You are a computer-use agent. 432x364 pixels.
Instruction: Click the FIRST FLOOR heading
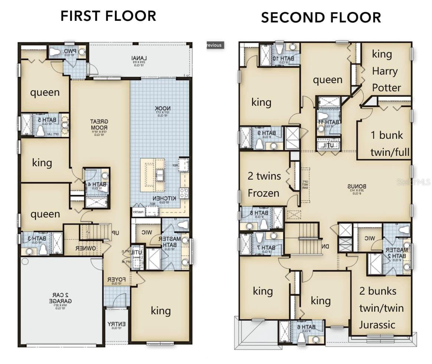108,16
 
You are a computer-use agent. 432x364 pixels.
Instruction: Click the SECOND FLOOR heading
321,17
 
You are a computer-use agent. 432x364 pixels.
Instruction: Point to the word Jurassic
377,325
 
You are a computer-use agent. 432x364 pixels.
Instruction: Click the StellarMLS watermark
413,183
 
